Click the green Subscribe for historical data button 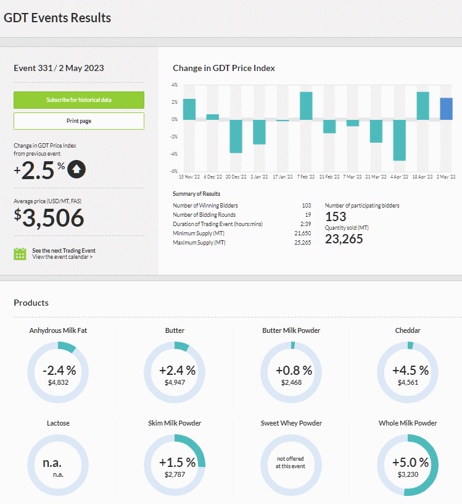(79, 100)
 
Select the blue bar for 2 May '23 (446, 109)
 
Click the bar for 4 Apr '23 (400, 140)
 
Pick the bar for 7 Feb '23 (306, 106)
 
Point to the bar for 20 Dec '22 (236, 136)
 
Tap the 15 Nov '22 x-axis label (189, 177)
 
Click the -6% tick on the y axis (174, 171)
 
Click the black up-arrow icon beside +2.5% (76, 169)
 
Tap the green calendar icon (20, 254)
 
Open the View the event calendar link (62, 257)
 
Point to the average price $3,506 (49, 217)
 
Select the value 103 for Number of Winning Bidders (307, 206)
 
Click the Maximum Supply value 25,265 (303, 243)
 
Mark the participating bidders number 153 (336, 217)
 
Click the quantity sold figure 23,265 (344, 239)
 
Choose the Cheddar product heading (408, 330)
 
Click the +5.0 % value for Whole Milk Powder (410, 463)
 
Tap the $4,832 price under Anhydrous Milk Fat (58, 382)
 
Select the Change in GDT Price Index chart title (224, 68)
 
